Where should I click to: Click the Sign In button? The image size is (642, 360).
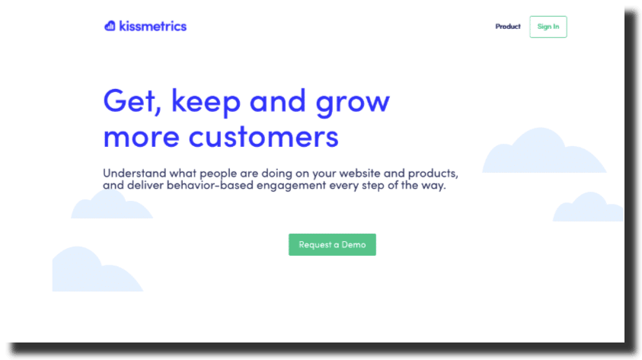(548, 27)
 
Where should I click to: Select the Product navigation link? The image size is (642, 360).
(508, 27)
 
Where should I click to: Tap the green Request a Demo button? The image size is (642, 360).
(332, 244)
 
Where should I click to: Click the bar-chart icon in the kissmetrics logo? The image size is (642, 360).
(110, 26)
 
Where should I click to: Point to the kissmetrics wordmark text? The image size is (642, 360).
(153, 26)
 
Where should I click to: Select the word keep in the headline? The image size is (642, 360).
(206, 102)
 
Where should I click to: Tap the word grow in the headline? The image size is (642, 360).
(353, 104)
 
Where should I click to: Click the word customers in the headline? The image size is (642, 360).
(264, 137)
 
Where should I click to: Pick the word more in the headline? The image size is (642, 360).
(141, 138)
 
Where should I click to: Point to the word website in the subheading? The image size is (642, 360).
(359, 173)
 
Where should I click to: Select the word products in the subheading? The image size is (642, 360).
(433, 174)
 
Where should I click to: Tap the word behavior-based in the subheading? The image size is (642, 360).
(209, 185)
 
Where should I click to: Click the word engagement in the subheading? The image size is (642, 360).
(291, 186)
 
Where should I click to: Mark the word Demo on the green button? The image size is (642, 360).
(353, 244)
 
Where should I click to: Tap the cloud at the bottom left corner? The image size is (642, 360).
(94, 270)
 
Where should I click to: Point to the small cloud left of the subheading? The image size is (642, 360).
(111, 205)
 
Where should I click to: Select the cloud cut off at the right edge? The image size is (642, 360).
(588, 208)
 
